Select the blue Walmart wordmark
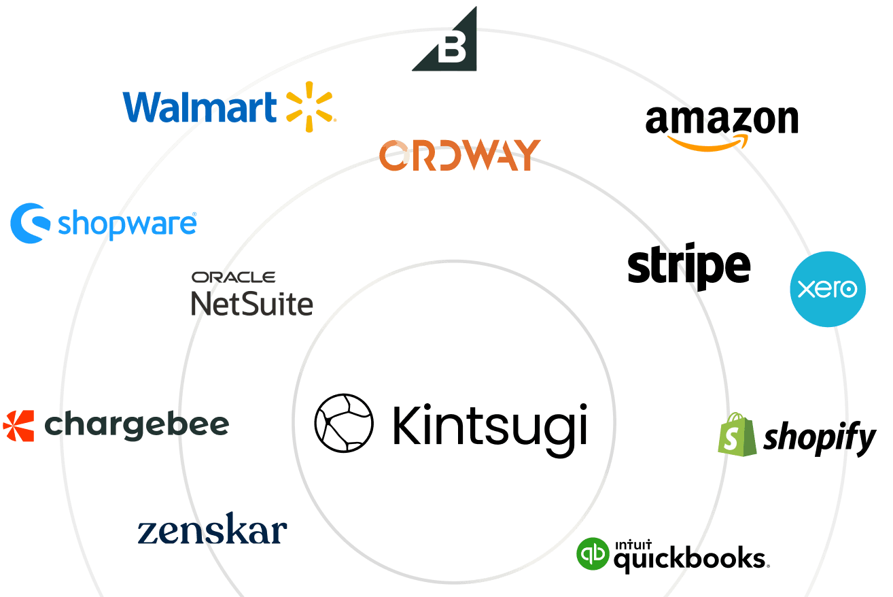pyautogui.click(x=200, y=107)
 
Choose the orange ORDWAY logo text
pyautogui.click(x=460, y=155)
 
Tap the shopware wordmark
pyautogui.click(x=127, y=223)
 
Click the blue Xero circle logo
pyautogui.click(x=828, y=289)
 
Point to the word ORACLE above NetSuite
pyautogui.click(x=233, y=277)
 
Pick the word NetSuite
pyautogui.click(x=252, y=303)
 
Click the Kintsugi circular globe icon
pyautogui.click(x=344, y=422)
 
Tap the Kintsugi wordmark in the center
pyautogui.click(x=489, y=424)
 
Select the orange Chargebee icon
pyautogui.click(x=18, y=426)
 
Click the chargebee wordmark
pyautogui.click(x=137, y=426)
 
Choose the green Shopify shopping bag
pyautogui.click(x=737, y=434)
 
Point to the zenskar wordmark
pyautogui.click(x=213, y=532)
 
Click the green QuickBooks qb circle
pyautogui.click(x=593, y=554)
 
